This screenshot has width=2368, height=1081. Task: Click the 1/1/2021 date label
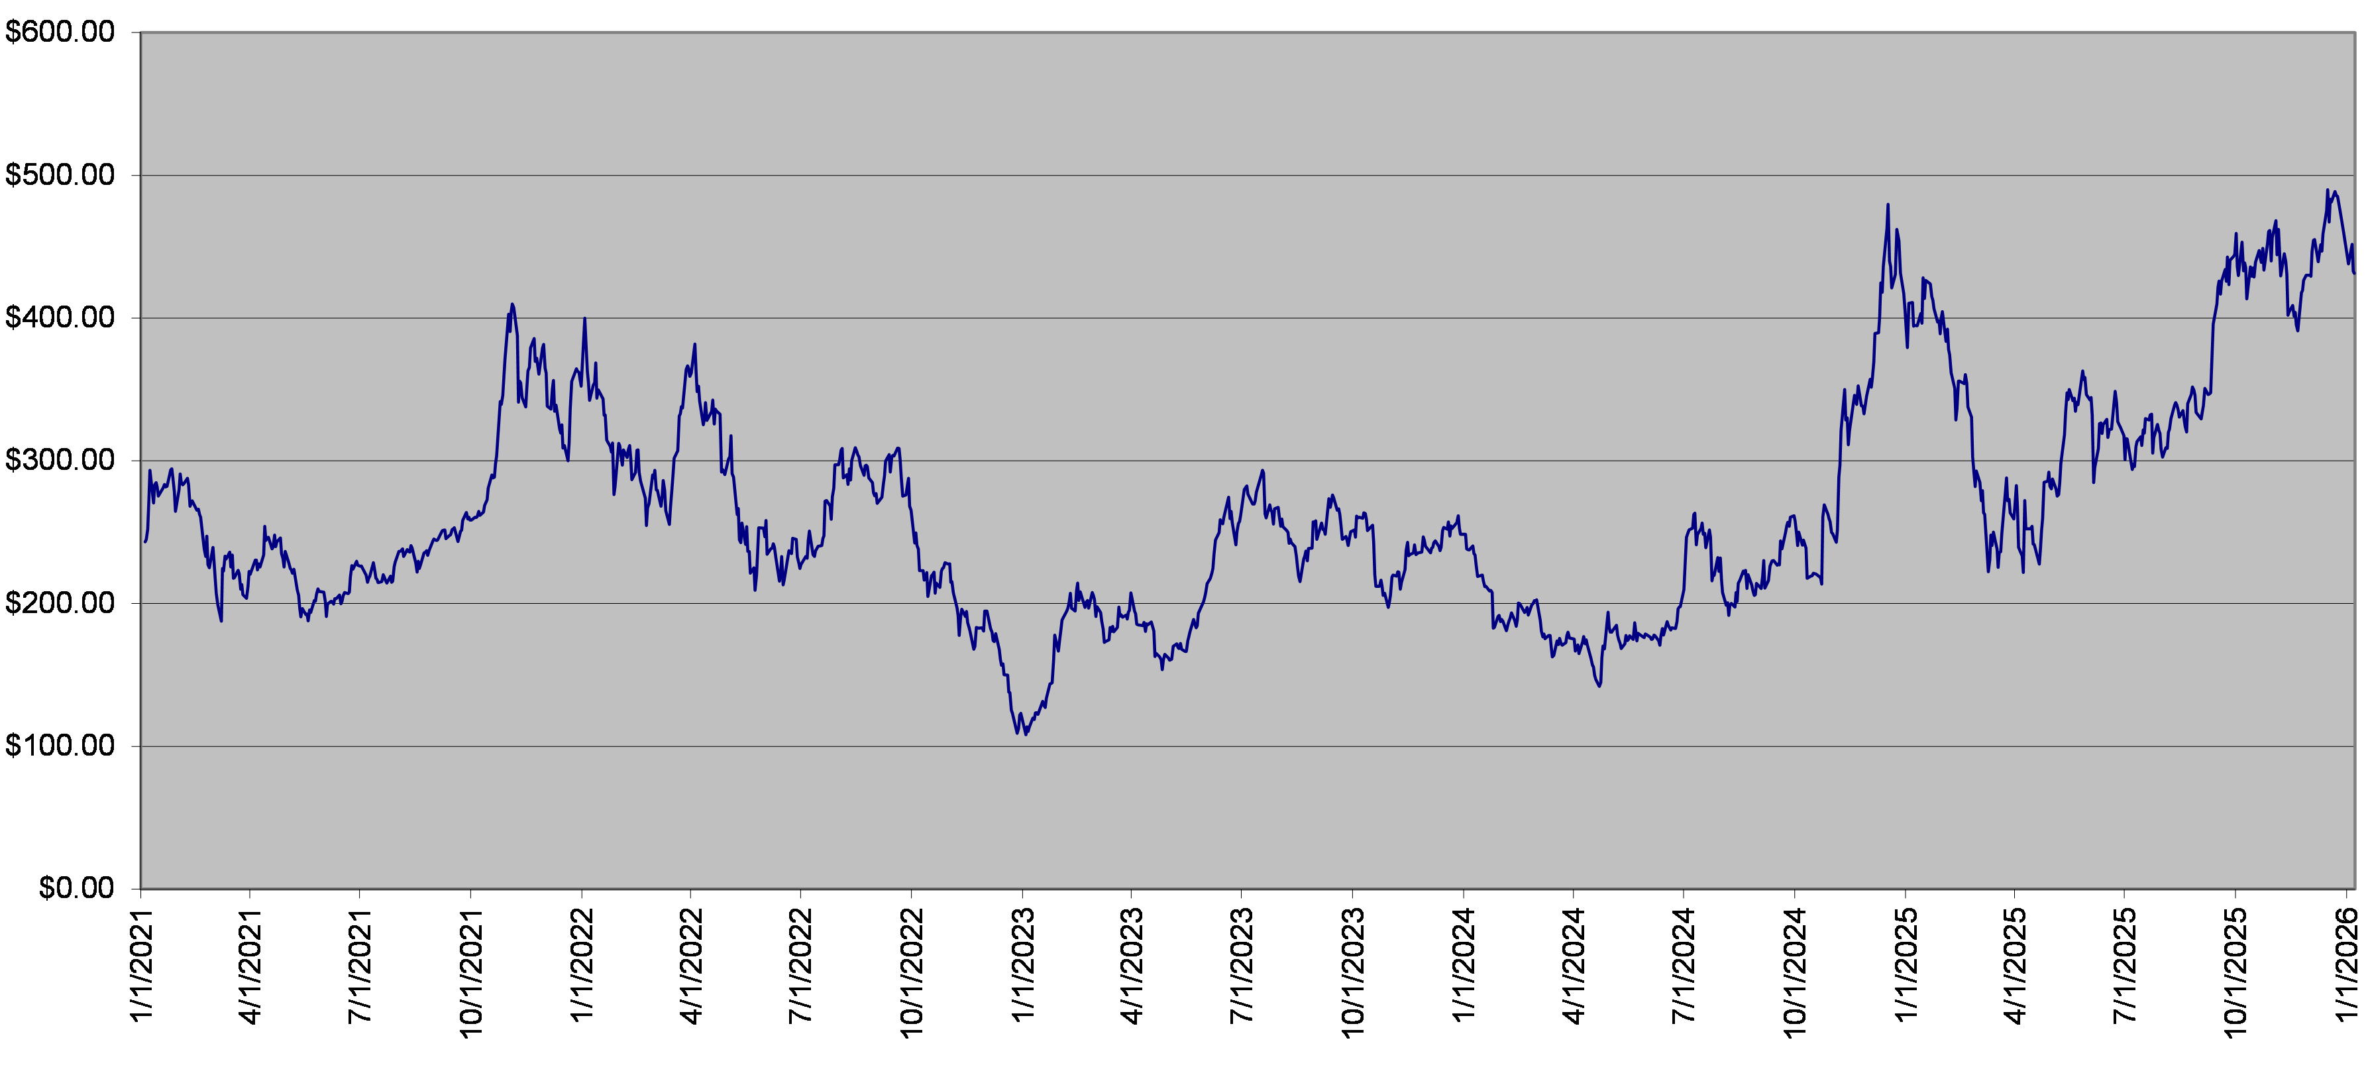coord(142,965)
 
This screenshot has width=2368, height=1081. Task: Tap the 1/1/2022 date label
coord(582,965)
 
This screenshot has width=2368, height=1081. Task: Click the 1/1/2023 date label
coord(1022,965)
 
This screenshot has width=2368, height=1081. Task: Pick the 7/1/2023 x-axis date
coord(1242,965)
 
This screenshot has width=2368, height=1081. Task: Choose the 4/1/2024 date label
coord(1574,965)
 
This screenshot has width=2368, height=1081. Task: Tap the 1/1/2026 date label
coord(2347,965)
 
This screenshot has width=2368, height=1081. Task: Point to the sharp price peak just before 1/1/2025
coord(1888,205)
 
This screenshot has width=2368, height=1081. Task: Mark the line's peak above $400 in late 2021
coord(512,304)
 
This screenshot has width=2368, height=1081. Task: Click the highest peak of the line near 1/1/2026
coord(2328,190)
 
